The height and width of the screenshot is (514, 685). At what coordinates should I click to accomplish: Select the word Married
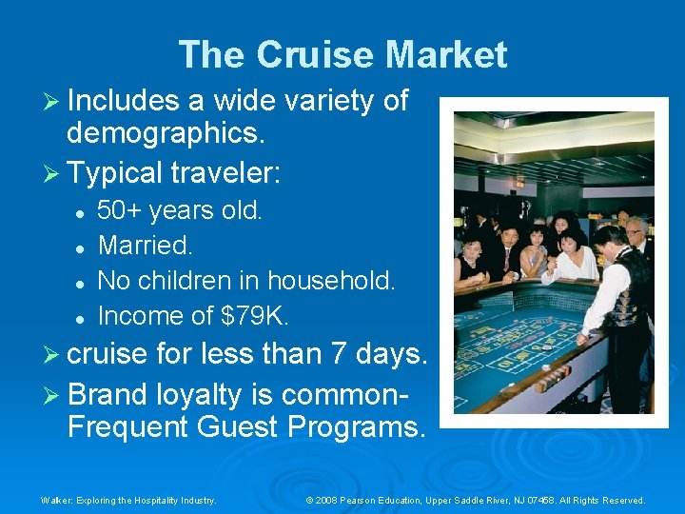pyautogui.click(x=145, y=246)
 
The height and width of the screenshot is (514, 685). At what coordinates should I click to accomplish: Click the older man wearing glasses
pyautogui.click(x=636, y=233)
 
